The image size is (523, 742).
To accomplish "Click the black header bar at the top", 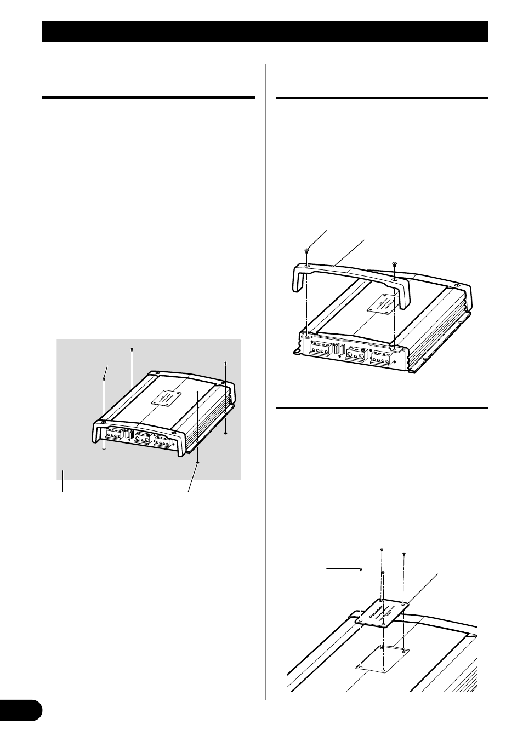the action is tap(265, 32).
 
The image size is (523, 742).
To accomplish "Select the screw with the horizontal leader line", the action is tap(361, 570).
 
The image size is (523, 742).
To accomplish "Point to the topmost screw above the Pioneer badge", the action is tap(381, 549).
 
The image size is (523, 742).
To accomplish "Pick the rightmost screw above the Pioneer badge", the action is tap(403, 554).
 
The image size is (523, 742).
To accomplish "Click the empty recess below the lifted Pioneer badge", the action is tap(383, 659).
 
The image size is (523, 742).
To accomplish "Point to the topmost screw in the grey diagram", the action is tap(132, 349).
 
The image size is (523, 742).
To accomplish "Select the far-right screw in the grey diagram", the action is tap(226, 363).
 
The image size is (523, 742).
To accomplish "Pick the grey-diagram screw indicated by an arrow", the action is tap(104, 378).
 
